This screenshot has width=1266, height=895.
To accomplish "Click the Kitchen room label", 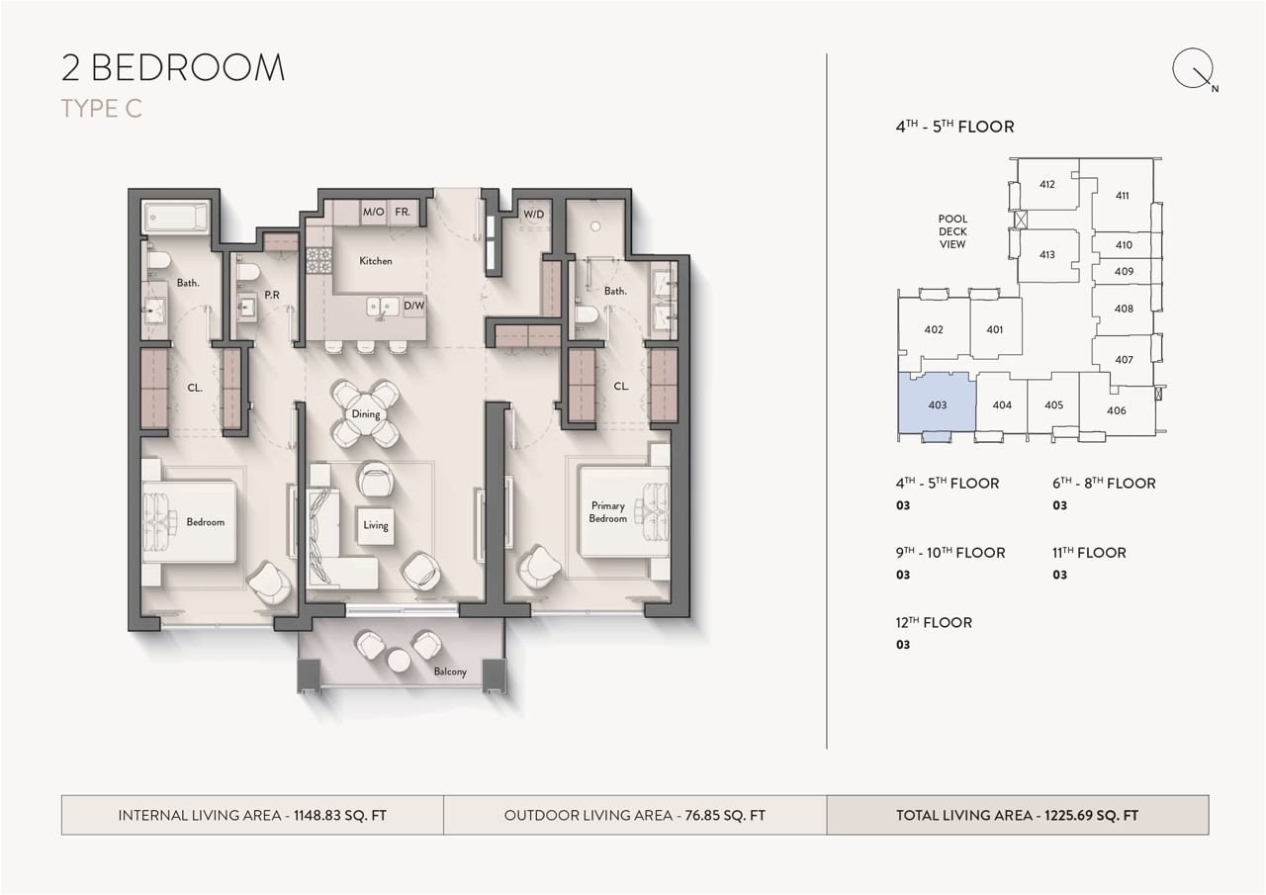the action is [375, 261].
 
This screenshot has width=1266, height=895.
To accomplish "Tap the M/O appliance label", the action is [373, 212].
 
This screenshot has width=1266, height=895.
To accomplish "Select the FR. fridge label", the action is [403, 212].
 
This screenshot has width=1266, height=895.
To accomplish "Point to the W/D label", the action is [533, 215].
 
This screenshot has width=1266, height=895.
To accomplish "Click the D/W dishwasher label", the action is [413, 306].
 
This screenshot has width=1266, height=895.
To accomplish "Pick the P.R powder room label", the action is [272, 295].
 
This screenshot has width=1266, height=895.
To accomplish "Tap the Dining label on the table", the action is [366, 414].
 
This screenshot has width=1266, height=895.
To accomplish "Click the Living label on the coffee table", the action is [376, 525].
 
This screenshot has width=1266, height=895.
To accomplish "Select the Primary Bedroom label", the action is [608, 512].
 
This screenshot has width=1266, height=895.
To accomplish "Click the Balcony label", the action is [450, 671].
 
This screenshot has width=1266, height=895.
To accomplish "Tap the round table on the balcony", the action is [400, 661].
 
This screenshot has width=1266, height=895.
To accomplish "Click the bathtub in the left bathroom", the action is [177, 217].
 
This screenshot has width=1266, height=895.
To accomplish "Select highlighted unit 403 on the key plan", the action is [937, 404].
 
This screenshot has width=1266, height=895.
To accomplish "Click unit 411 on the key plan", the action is [1123, 196].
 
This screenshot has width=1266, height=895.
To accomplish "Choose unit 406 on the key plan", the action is [1117, 410].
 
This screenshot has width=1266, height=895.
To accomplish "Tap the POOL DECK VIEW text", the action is [952, 231].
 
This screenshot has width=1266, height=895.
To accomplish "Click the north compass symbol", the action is [1193, 69].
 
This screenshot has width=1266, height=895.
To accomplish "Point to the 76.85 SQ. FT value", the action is [725, 815].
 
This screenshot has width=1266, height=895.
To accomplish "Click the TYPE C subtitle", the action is [101, 109].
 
